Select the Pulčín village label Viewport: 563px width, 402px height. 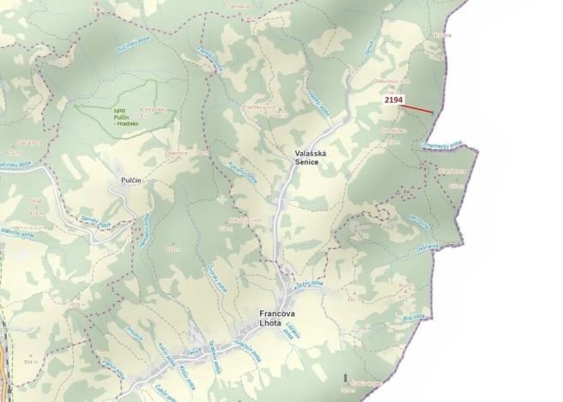[x=124, y=182]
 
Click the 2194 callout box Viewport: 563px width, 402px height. [x=393, y=100]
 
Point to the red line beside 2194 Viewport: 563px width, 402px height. [x=419, y=108]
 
